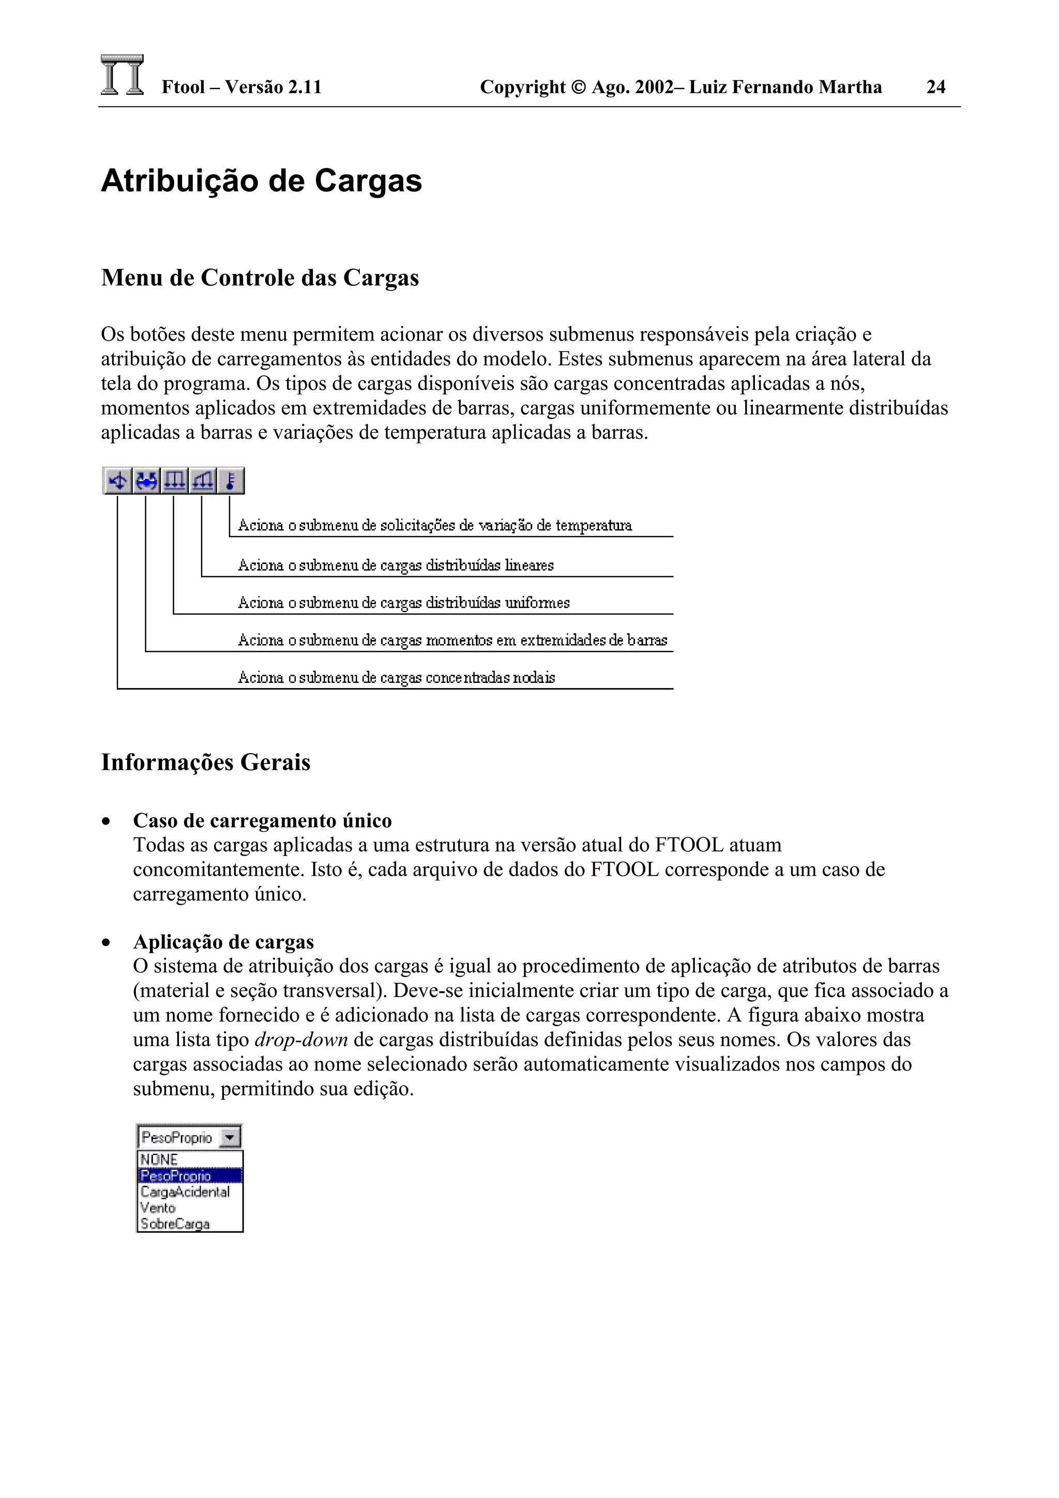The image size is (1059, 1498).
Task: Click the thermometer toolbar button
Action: click(x=230, y=481)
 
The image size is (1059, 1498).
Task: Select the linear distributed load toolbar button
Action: click(x=202, y=481)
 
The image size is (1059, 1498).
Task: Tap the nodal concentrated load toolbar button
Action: click(x=118, y=481)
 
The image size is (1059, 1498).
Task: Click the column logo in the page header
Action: click(x=122, y=75)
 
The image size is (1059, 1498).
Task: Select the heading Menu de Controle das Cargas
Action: click(x=260, y=278)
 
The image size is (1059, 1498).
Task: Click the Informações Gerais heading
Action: click(x=205, y=762)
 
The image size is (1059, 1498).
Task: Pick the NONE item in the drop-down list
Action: click(x=159, y=1159)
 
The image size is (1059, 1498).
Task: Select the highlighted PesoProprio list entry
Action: click(x=176, y=1175)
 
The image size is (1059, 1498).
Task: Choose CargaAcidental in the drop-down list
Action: click(x=185, y=1191)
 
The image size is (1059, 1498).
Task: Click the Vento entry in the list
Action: click(x=158, y=1207)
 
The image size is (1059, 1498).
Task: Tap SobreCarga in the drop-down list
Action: click(x=175, y=1224)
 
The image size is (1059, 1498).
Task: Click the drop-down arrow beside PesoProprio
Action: click(x=230, y=1138)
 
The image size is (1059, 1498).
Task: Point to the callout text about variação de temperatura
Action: click(x=434, y=525)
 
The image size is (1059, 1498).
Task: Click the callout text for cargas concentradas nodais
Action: click(x=396, y=677)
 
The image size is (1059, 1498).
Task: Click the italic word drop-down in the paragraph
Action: click(x=301, y=1040)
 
